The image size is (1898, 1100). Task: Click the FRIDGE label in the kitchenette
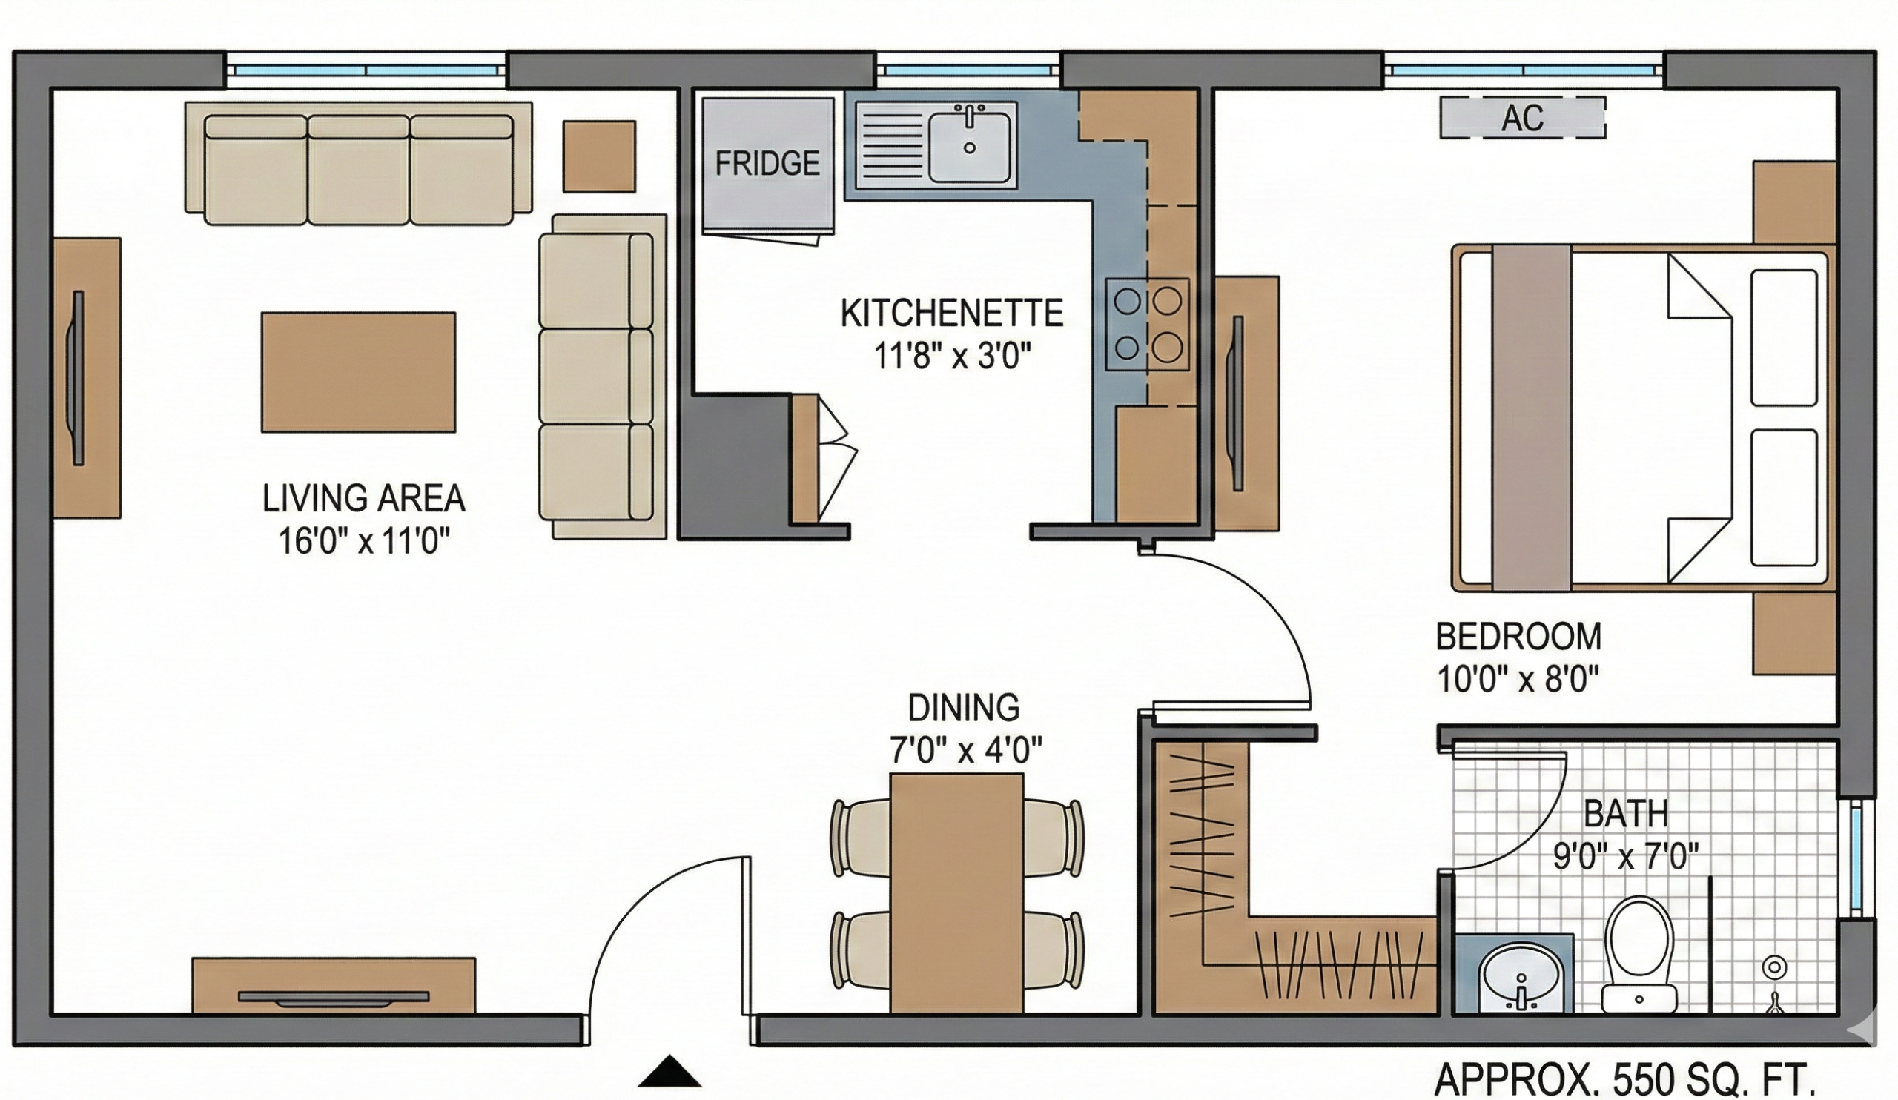coord(767,163)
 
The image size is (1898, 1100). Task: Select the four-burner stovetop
coord(1147,324)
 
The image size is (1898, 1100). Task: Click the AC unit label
coord(1522,118)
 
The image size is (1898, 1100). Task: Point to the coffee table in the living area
coord(359,372)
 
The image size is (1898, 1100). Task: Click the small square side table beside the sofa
coord(600,156)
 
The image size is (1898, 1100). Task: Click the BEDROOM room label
coord(1518,637)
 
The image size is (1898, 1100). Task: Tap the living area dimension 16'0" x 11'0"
coord(365,540)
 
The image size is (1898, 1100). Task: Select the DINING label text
coord(964,708)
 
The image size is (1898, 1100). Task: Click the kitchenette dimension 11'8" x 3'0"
coord(951,355)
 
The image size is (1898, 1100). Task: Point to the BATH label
coord(1626,814)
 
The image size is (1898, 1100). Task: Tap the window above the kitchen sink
coord(968,69)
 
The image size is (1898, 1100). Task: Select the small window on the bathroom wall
coord(1855,858)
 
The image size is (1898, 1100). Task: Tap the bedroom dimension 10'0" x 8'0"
coord(1518,680)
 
